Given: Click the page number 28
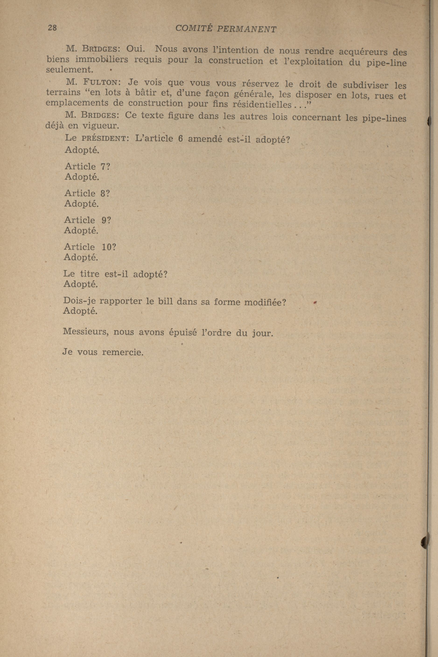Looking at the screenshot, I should coord(52,28).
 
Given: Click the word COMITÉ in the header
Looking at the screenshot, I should coord(193,28).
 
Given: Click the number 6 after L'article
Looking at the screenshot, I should coord(180,139).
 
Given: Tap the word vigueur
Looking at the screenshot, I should coord(101,126).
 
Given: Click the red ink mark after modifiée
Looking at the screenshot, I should coord(314,302).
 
